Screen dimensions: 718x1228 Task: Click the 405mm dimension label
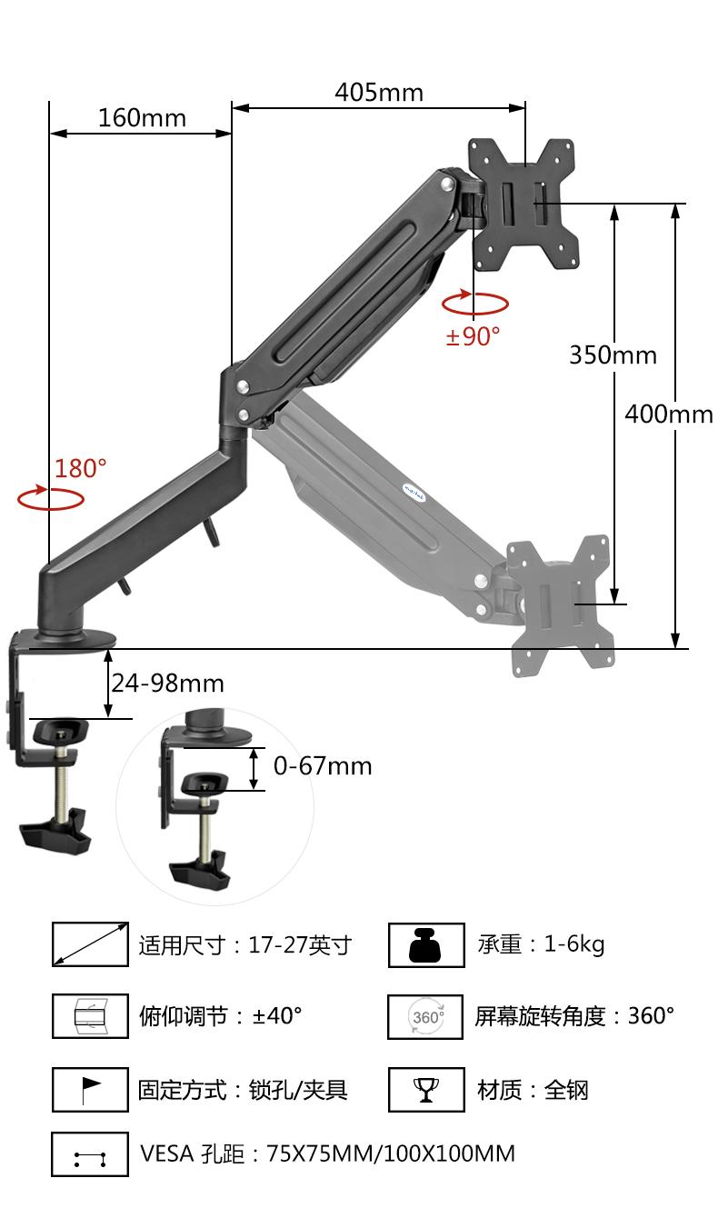pyautogui.click(x=379, y=93)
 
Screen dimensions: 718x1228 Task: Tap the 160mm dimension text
pyautogui.click(x=143, y=118)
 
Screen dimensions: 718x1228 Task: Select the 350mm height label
pyautogui.click(x=613, y=355)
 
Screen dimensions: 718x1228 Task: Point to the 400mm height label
pyautogui.click(x=669, y=414)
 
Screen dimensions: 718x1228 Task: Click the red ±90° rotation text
pyautogui.click(x=473, y=336)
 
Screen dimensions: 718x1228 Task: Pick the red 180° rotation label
pyautogui.click(x=81, y=469)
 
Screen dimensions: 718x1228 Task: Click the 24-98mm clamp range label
pyautogui.click(x=168, y=684)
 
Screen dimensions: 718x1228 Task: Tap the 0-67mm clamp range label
pyautogui.click(x=323, y=766)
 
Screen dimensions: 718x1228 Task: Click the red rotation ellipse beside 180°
pyautogui.click(x=50, y=509)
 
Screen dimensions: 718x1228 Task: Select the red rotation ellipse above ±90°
pyautogui.click(x=475, y=313)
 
